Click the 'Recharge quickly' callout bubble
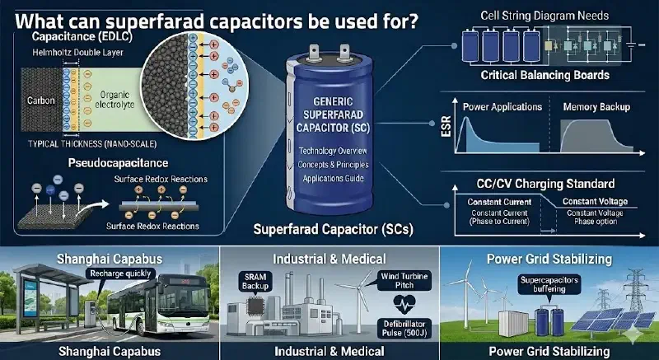coord(120,274)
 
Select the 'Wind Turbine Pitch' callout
coord(404,281)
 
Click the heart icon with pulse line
coord(404,305)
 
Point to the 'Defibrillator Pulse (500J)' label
coord(404,330)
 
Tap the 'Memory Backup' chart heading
coord(596,107)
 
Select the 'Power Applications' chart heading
coord(502,107)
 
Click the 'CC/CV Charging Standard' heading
coord(545,184)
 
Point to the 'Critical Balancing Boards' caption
coord(544,75)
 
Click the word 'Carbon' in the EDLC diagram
coord(40,101)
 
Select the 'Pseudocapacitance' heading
coord(118,163)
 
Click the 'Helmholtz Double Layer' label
coord(77,53)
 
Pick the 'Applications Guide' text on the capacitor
coord(333,178)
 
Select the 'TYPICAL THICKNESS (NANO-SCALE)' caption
coord(92,144)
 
